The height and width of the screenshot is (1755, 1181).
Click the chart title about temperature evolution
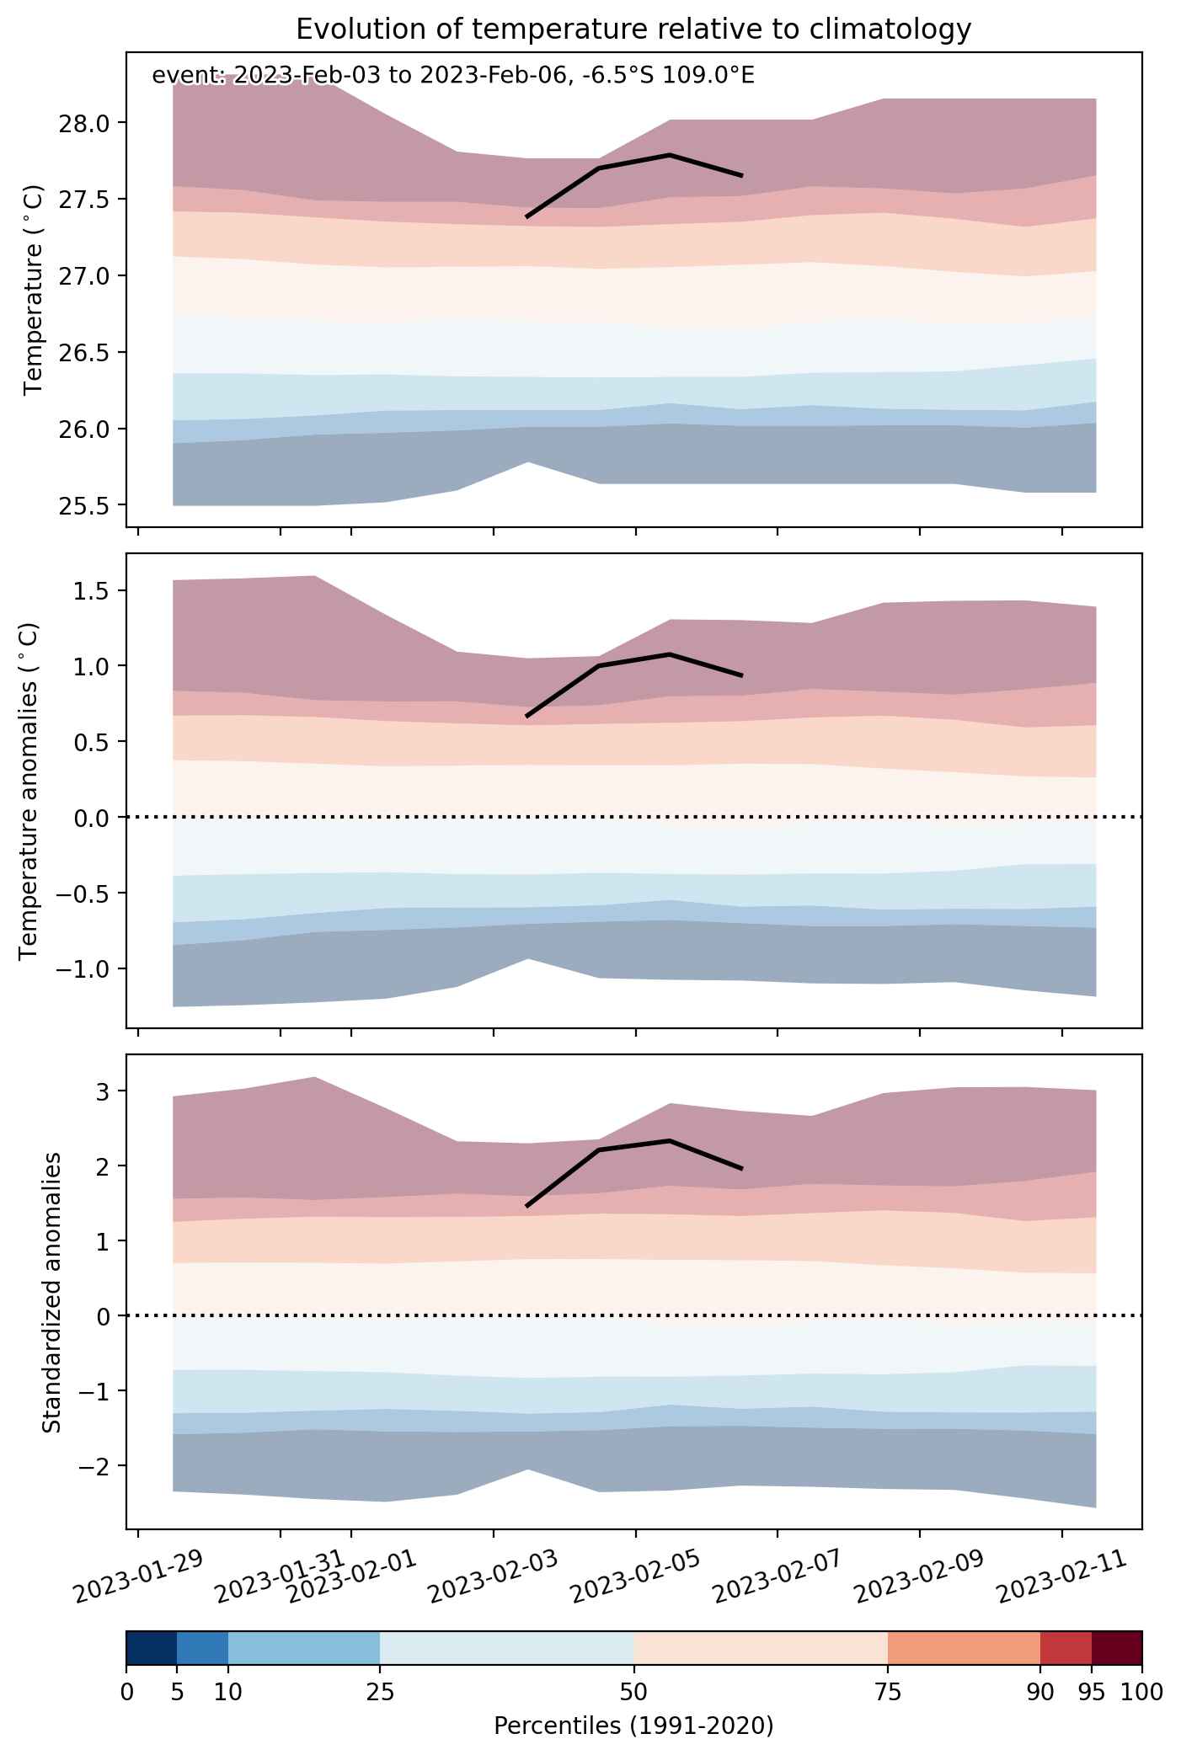coord(633,29)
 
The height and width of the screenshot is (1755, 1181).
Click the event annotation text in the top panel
coord(453,76)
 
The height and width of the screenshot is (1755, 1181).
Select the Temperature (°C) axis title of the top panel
coord(33,290)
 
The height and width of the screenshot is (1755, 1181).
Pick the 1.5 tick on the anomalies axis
coord(93,590)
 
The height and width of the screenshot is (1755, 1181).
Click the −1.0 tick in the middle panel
coord(84,968)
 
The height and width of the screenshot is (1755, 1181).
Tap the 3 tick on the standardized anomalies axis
coord(104,1091)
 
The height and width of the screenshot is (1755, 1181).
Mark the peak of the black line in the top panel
coord(670,155)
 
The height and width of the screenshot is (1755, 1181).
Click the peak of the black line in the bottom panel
coord(670,1141)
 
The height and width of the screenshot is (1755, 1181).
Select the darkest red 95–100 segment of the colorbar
coord(1117,1648)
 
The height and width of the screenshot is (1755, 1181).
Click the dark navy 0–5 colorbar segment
coord(152,1648)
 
